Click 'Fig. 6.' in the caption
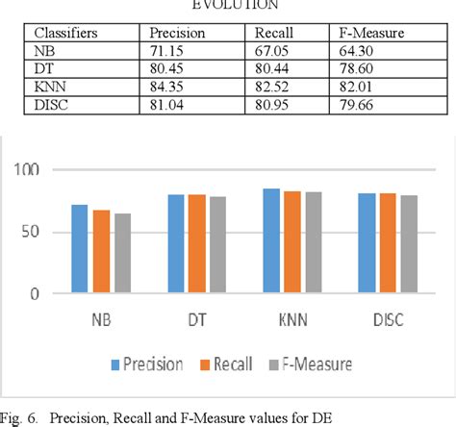pos(22,415)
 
